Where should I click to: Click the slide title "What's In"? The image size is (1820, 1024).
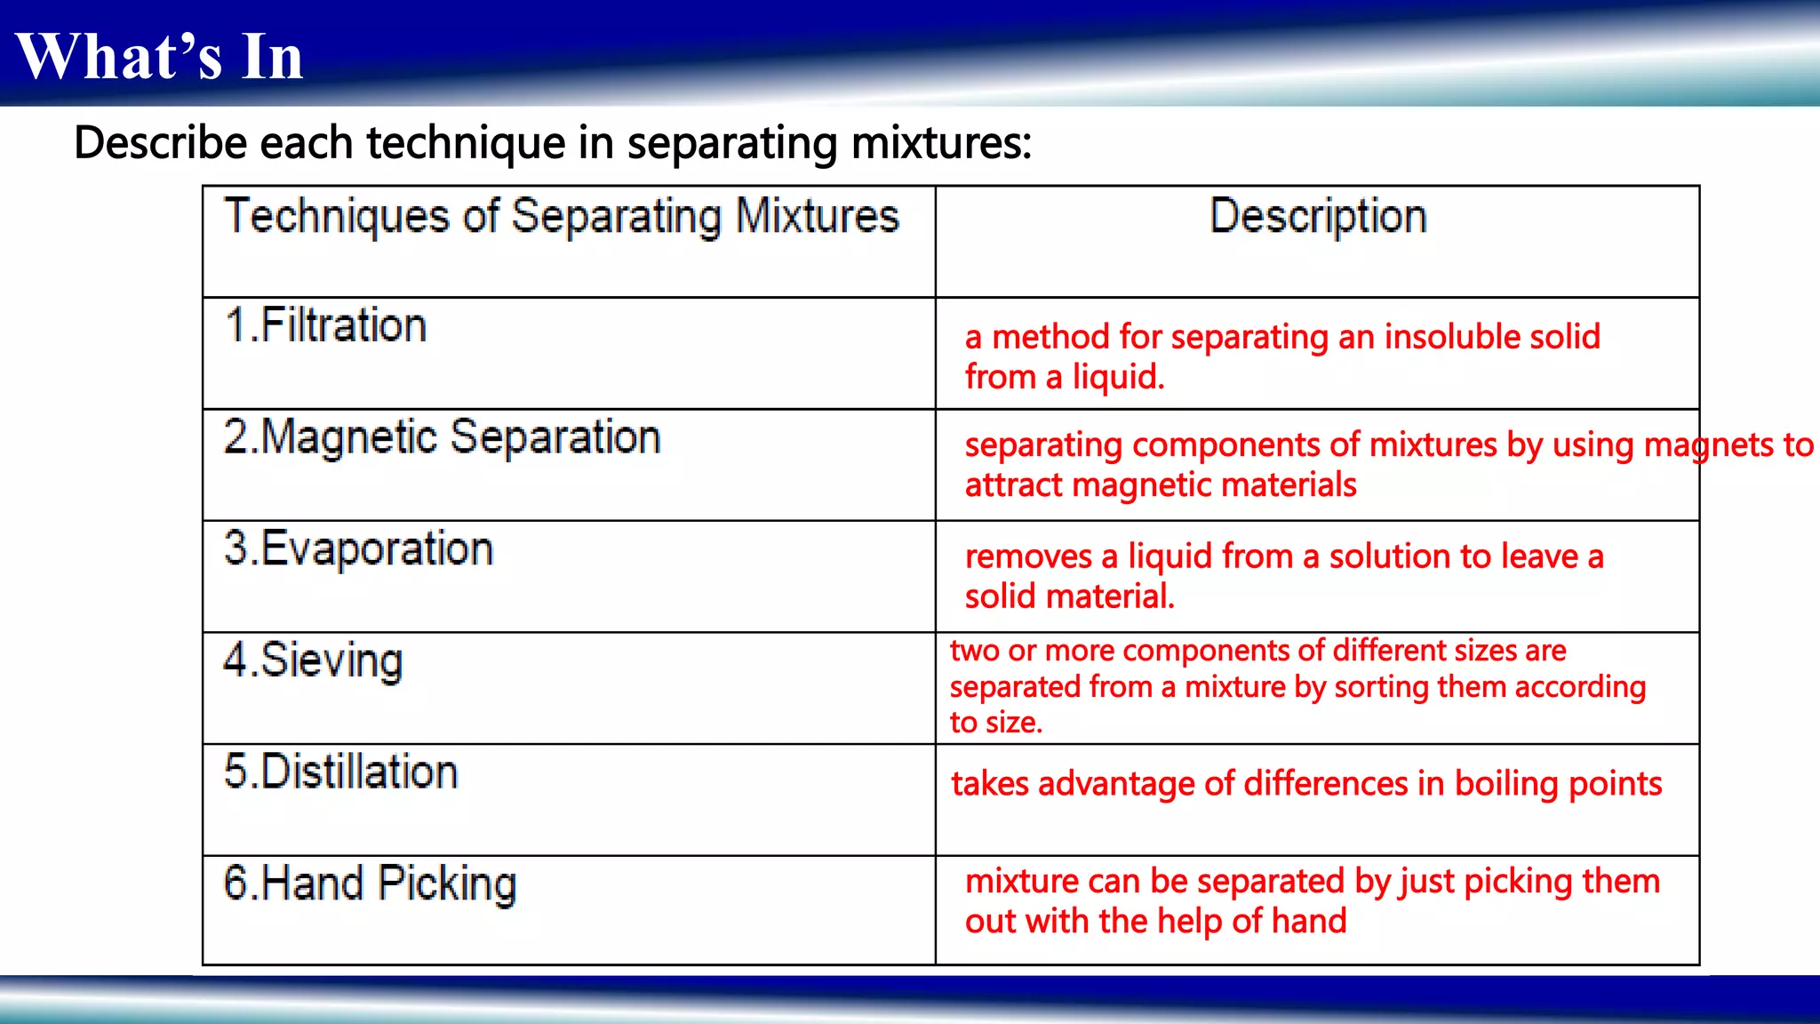(160, 57)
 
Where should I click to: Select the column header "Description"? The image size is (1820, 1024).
(1318, 217)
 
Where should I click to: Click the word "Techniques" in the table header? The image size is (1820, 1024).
(337, 217)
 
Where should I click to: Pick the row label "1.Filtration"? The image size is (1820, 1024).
(325, 325)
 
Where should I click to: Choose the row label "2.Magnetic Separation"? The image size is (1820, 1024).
(442, 437)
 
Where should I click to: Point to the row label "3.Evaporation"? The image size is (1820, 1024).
(358, 548)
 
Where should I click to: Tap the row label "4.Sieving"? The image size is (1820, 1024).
(313, 660)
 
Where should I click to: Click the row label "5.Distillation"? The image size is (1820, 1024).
(340, 772)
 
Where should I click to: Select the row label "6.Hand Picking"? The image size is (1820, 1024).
(370, 884)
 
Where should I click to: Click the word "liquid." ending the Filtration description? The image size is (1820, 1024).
(1118, 378)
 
